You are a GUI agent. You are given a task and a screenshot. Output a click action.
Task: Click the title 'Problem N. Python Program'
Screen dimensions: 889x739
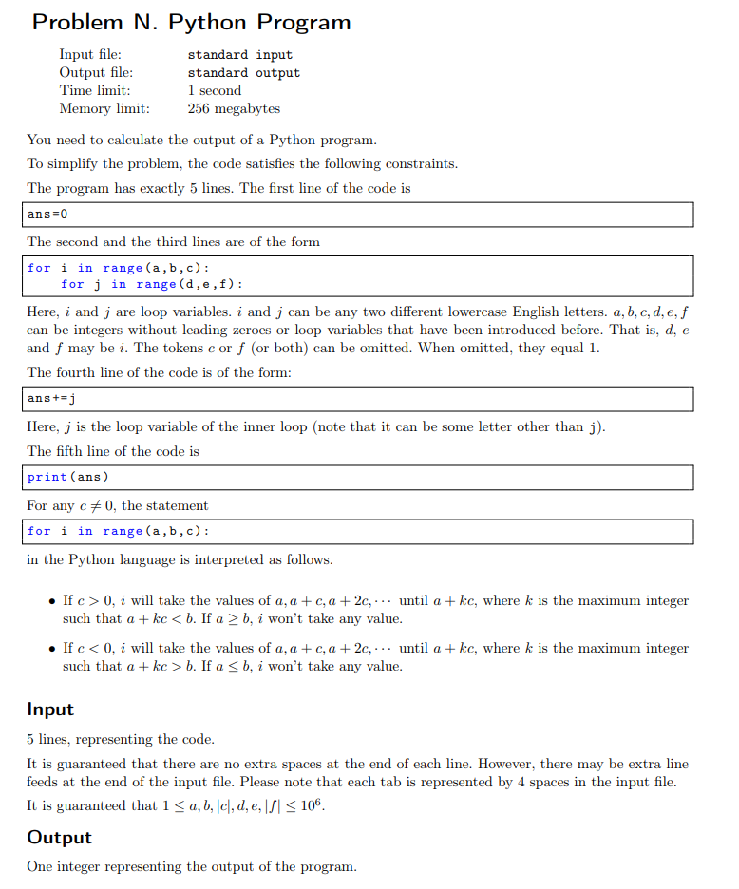click(191, 23)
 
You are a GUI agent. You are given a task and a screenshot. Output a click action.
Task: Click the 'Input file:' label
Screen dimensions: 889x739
click(90, 55)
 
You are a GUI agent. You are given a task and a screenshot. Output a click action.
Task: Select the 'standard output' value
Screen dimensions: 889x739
click(243, 73)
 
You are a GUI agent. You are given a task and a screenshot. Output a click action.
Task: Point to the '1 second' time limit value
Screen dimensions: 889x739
click(215, 91)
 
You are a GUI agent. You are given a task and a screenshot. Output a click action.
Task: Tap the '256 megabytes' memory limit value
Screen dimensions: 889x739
click(234, 109)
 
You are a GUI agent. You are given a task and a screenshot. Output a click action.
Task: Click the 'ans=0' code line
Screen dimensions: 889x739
click(47, 215)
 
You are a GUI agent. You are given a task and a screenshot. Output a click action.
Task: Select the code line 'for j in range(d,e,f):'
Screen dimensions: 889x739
click(151, 285)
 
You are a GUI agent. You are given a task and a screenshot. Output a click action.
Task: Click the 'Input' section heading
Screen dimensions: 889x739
click(50, 709)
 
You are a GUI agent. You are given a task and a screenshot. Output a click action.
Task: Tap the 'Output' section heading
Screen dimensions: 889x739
click(59, 838)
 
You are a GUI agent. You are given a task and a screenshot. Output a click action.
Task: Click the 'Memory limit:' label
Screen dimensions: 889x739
click(104, 109)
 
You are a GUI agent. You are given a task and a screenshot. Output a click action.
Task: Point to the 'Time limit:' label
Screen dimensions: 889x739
click(95, 91)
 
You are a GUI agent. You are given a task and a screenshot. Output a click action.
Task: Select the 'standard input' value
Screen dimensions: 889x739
click(239, 55)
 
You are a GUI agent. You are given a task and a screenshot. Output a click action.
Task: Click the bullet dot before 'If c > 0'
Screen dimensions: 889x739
click(50, 601)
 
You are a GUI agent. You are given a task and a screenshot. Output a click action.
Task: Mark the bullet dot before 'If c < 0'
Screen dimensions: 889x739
click(50, 649)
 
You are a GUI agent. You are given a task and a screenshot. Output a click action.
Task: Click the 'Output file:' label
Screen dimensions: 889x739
click(96, 73)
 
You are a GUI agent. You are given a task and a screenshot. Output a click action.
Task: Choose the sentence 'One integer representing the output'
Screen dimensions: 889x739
click(192, 867)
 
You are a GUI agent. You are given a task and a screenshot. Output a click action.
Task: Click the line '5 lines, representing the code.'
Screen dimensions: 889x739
click(121, 740)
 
